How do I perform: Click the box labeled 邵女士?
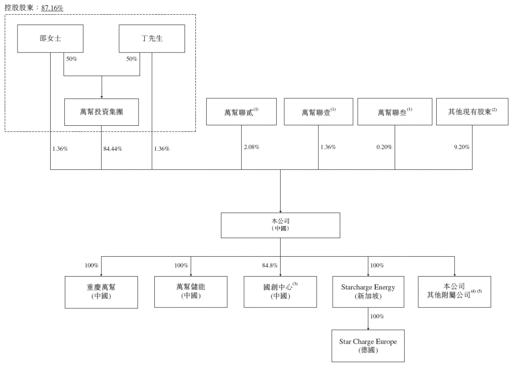click(x=50, y=39)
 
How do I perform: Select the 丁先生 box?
click(x=152, y=39)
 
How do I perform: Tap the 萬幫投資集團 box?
click(x=101, y=112)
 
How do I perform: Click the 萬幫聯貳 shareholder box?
click(x=241, y=112)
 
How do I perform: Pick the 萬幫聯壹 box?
click(x=318, y=112)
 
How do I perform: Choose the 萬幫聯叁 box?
click(x=395, y=112)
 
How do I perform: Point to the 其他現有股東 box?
click(x=472, y=112)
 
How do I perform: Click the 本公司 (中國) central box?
click(x=281, y=226)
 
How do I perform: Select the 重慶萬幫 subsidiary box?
click(x=101, y=292)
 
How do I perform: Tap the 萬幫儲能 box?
click(x=191, y=292)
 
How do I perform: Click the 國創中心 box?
click(x=280, y=292)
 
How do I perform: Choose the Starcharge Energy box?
click(x=368, y=292)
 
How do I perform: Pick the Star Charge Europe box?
click(x=368, y=346)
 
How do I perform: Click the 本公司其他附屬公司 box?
click(x=455, y=292)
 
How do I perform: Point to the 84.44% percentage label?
click(x=113, y=149)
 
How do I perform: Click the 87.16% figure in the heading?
click(x=52, y=8)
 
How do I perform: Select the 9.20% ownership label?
click(x=462, y=147)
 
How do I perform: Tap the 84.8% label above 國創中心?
click(x=270, y=266)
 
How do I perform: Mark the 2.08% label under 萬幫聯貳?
click(x=252, y=147)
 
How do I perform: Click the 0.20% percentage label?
click(x=384, y=147)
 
